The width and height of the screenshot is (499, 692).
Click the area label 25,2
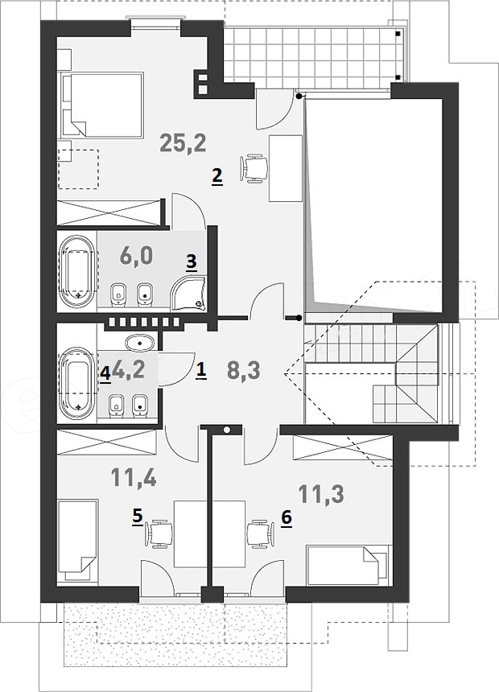pyautogui.click(x=183, y=143)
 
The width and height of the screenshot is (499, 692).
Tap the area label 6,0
pyautogui.click(x=136, y=256)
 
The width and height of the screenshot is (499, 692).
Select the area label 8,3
pyautogui.click(x=243, y=372)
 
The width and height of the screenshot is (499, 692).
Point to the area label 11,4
pyautogui.click(x=134, y=477)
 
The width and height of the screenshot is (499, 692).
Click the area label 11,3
pyautogui.click(x=321, y=494)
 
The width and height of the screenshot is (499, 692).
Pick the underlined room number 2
pyautogui.click(x=217, y=177)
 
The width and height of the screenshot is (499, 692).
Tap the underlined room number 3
pyautogui.click(x=191, y=261)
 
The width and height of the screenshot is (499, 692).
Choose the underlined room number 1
pyautogui.click(x=200, y=371)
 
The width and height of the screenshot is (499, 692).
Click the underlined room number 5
pyautogui.click(x=138, y=517)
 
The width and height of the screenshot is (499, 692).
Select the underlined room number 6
pyautogui.click(x=287, y=517)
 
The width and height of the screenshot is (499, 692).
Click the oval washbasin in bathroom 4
pyautogui.click(x=140, y=342)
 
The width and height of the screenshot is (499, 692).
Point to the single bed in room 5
pyautogui.click(x=78, y=540)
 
